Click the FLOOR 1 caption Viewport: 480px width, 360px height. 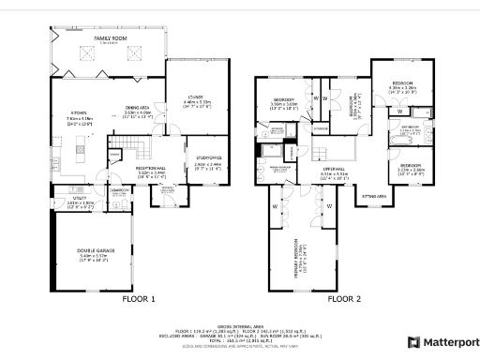[x=139, y=300]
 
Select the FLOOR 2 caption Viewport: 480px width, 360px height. [x=343, y=300]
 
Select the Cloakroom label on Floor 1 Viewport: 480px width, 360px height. [x=118, y=190]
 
